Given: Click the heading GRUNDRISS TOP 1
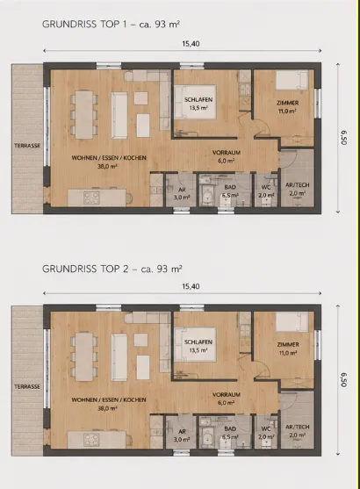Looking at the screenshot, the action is [84, 25].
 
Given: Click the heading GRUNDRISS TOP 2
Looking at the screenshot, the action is [85, 269].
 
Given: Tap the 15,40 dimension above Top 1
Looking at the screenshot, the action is [191, 44].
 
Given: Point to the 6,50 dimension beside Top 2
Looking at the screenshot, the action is [343, 380].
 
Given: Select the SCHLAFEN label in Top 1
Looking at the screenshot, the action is [198, 100].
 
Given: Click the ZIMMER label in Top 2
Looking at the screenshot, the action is [288, 345].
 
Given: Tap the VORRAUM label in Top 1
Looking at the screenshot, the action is [227, 153].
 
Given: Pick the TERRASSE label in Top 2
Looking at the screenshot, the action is [27, 386].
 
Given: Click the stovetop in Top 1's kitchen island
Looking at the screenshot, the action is [91, 198].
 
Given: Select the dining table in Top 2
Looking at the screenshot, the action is [84, 356].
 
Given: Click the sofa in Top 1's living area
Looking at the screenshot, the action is [119, 115].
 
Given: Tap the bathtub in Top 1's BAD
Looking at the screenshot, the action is [206, 196].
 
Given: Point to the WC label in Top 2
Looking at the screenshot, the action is [266, 429].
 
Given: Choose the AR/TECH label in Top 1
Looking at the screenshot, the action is [298, 185].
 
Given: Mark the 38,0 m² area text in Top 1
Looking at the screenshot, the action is [107, 166].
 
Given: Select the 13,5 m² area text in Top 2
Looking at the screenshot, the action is [198, 350].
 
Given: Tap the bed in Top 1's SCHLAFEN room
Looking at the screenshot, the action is [195, 102].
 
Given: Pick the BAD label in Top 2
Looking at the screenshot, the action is [230, 429].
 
